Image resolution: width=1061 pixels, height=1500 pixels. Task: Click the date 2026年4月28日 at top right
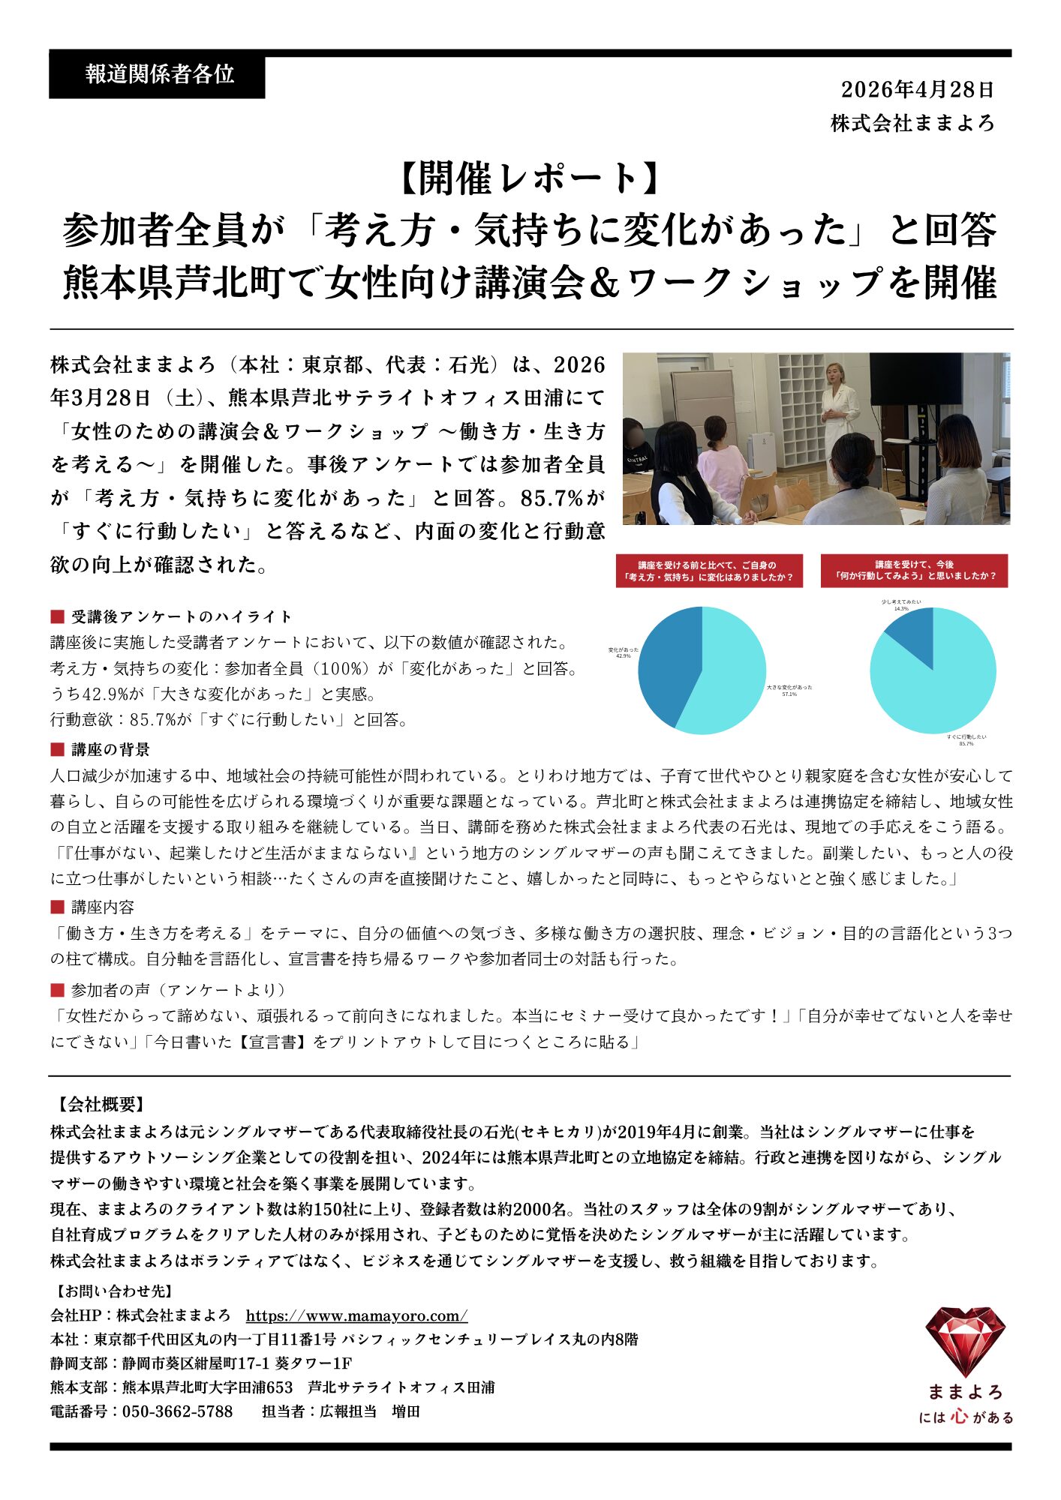pos(917,90)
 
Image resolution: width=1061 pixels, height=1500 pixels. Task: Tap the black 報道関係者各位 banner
pos(157,74)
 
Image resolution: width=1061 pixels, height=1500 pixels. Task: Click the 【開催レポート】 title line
pos(530,178)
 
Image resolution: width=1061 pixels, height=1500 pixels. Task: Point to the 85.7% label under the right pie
pos(966,743)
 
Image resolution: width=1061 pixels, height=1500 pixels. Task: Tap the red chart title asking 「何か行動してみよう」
pos(914,571)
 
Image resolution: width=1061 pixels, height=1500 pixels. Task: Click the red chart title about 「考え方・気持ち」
pos(708,571)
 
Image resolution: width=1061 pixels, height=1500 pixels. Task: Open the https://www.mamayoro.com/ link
pos(356,1315)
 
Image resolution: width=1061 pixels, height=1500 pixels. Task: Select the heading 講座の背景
pos(110,749)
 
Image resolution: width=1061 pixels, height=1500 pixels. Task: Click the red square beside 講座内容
pos(57,907)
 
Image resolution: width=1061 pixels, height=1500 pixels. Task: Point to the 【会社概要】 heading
pos(100,1104)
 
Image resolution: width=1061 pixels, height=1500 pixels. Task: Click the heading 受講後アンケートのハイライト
pos(181,616)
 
